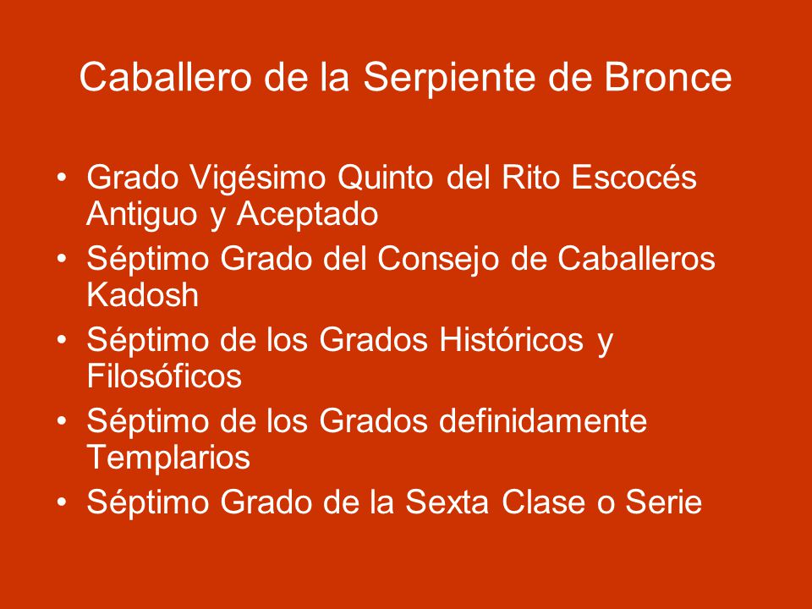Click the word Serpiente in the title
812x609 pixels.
coord(448,79)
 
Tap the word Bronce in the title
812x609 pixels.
coord(667,77)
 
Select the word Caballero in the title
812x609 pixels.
coord(166,77)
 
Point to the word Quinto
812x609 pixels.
coord(386,178)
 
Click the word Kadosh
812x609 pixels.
coord(142,294)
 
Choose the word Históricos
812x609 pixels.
coord(511,339)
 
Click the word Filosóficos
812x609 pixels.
coord(164,376)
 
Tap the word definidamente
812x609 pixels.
coord(543,420)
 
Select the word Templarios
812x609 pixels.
coord(168,458)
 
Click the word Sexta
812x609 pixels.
coord(447,502)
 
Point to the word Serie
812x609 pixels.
coord(663,502)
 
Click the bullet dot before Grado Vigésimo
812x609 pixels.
coord(62,178)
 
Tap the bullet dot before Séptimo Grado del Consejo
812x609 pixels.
coord(62,259)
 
